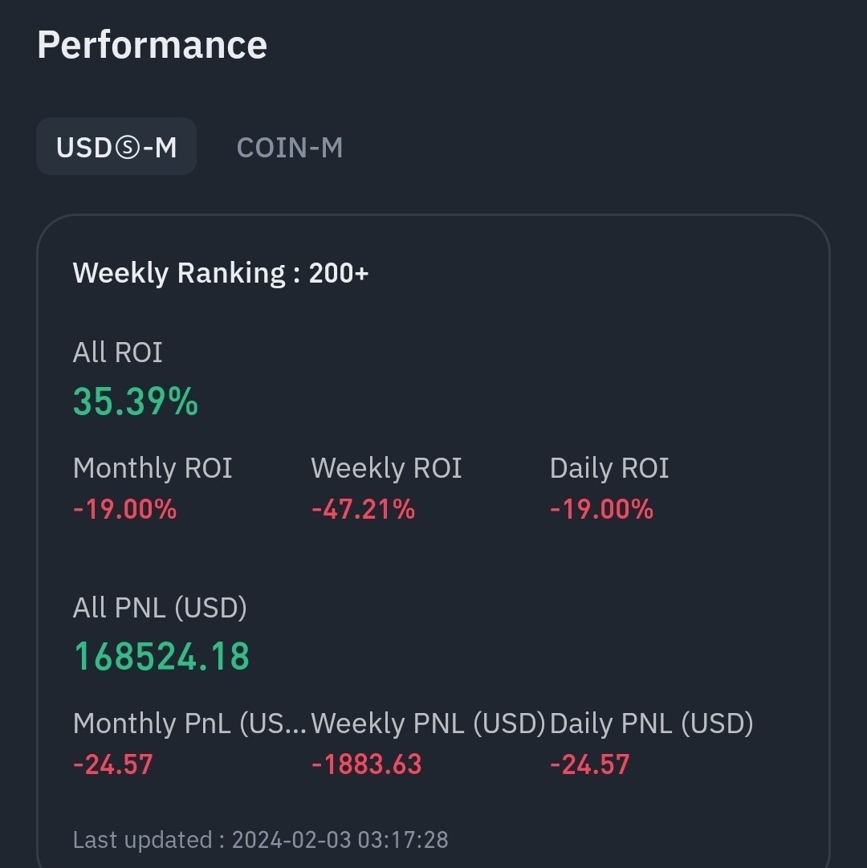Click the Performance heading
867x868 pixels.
coord(152,45)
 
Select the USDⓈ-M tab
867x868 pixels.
coord(116,147)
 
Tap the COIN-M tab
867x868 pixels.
coord(290,147)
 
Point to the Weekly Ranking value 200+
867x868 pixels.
coord(339,273)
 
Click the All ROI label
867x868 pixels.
coord(117,352)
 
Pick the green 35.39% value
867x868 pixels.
coord(135,401)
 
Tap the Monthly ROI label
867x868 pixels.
coord(153,468)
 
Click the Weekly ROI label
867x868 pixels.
coord(386,468)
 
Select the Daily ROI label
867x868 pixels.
coord(609,468)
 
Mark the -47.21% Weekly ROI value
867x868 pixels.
coord(363,509)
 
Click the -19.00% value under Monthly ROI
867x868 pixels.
coord(124,509)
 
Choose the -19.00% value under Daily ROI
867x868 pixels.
coord(601,509)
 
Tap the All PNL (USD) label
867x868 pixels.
coord(160,608)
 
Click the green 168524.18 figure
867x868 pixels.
coord(161,656)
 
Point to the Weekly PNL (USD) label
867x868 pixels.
coord(428,723)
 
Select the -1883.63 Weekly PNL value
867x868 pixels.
coord(366,764)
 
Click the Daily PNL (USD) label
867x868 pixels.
coord(651,723)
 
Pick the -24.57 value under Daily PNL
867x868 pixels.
coord(589,764)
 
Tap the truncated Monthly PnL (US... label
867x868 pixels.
coord(189,723)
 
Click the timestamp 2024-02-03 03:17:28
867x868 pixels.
coord(340,840)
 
